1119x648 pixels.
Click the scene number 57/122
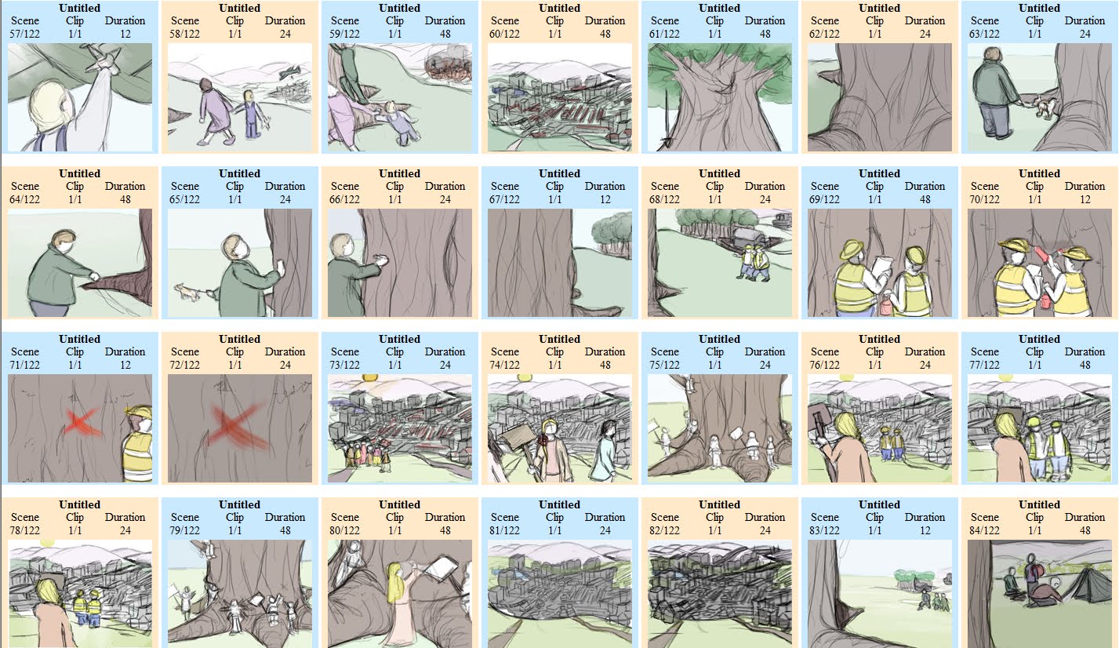coord(25,34)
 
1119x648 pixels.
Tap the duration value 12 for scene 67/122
coord(605,199)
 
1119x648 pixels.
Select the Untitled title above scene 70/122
coord(1039,173)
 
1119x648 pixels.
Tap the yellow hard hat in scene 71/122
coord(138,414)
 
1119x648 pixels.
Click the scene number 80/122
coord(345,530)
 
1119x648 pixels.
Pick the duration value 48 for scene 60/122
coord(605,34)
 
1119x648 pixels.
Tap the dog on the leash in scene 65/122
coord(188,293)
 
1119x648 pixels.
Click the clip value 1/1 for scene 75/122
coord(714,365)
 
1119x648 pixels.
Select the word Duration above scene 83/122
coord(925,517)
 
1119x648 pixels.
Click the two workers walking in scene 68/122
coord(751,261)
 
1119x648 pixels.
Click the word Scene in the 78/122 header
coord(25,517)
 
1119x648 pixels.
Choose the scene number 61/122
coord(665,34)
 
